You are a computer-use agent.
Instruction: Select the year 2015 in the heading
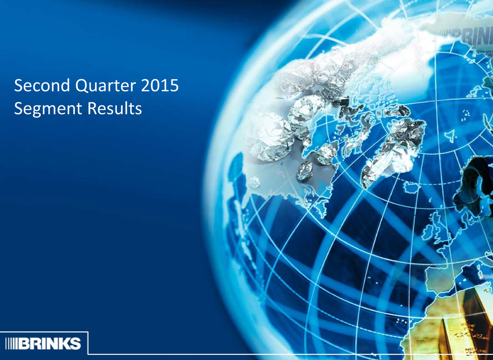click(160, 86)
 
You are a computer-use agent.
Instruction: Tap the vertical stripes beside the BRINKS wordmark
click(12, 343)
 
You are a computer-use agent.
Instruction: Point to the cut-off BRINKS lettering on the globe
click(467, 36)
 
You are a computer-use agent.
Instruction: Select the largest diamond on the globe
click(270, 137)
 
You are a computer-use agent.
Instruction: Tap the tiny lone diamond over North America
click(254, 182)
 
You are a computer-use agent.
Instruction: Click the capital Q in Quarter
click(83, 86)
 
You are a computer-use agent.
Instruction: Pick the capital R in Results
click(92, 108)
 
